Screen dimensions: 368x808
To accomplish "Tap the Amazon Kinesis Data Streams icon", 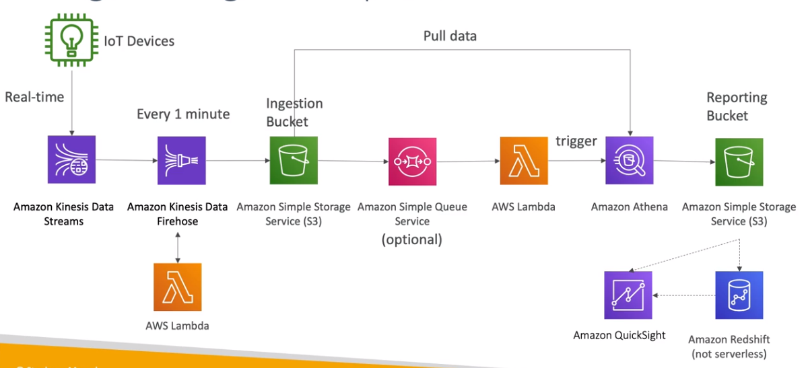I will tap(71, 159).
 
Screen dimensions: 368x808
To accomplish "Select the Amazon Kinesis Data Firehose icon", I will tap(181, 160).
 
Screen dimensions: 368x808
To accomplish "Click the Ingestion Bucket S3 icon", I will tap(293, 160).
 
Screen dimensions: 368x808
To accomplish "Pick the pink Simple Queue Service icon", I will tap(412, 161).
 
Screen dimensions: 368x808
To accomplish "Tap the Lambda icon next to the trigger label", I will tap(524, 161).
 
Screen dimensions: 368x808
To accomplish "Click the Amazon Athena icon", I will tap(629, 161).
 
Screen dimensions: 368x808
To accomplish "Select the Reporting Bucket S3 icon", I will tap(739, 161).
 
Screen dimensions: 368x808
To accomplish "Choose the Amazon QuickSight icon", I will tap(628, 295).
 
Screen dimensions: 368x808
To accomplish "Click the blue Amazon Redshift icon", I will tap(739, 295).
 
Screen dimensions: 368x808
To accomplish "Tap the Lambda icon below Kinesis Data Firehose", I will tap(177, 287).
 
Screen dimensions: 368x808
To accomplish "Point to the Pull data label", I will tap(450, 36).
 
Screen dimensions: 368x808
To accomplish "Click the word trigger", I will tap(576, 141).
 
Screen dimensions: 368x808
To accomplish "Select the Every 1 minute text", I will tap(183, 114).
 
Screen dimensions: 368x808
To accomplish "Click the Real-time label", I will tap(34, 97).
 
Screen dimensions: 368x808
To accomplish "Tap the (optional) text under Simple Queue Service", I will tap(412, 239).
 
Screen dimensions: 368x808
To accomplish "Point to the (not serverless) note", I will tap(729, 354).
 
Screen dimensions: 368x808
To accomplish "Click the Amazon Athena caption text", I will tap(629, 207).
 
